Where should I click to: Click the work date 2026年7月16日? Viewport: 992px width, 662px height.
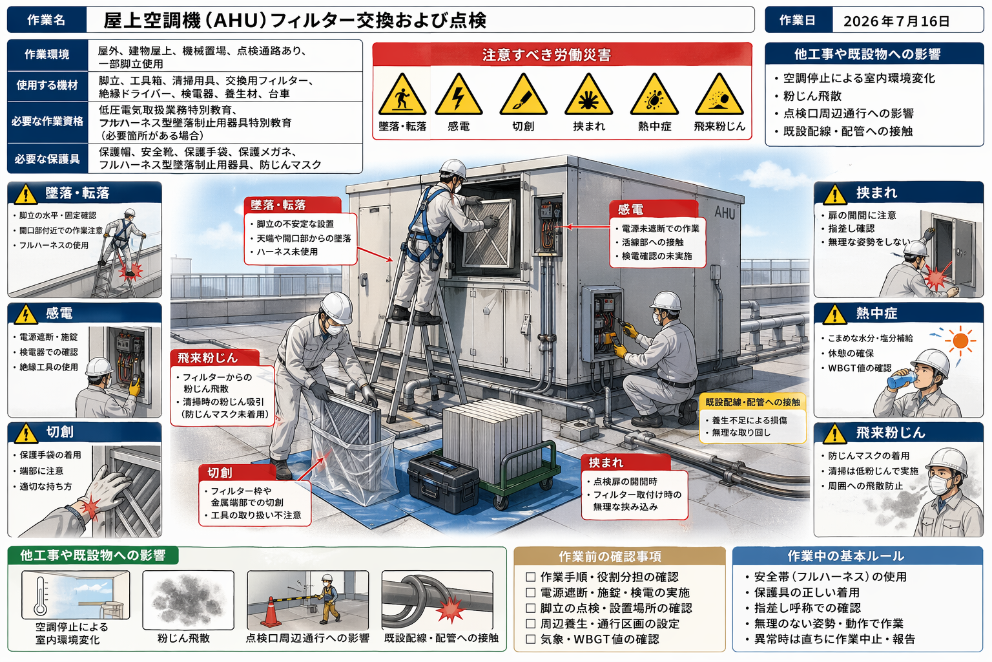coord(896,21)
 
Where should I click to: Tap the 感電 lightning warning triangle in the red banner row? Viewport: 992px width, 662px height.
coord(459,95)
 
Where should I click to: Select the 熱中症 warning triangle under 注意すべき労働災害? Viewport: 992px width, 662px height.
coord(654,95)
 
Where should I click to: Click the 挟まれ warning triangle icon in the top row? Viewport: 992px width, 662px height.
coord(588,95)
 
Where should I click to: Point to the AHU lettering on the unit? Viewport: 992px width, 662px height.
coord(725,213)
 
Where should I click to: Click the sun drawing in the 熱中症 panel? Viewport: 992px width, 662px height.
coord(960,341)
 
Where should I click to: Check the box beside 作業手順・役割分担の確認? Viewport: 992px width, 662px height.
coord(530,577)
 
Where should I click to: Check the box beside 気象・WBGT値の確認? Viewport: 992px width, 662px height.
coord(530,639)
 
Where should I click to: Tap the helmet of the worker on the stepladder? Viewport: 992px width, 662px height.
coord(453,169)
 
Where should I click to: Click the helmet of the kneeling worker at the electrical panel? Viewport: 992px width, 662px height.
coord(666,301)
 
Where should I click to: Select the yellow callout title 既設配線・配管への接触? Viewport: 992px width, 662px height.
coord(752,402)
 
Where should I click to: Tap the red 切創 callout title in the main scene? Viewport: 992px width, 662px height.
coord(220,473)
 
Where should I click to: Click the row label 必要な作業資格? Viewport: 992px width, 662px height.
coord(47,122)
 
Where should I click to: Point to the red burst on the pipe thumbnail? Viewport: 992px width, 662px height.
coord(450,611)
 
